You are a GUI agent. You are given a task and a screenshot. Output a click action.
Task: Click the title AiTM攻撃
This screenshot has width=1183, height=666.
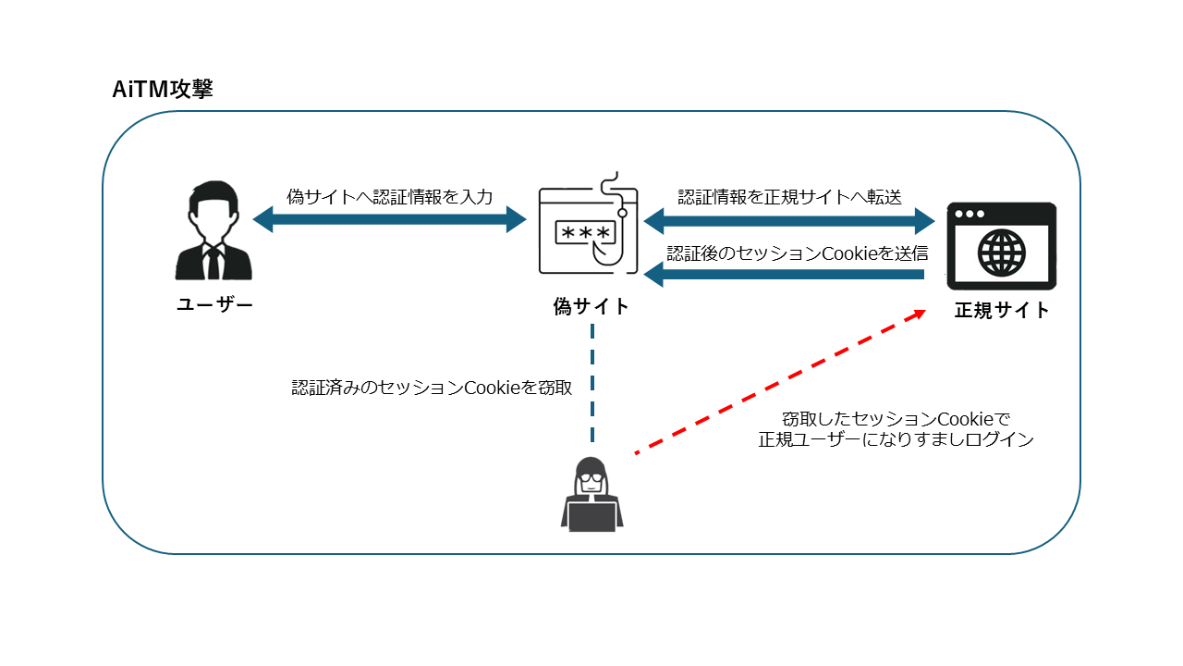(162, 90)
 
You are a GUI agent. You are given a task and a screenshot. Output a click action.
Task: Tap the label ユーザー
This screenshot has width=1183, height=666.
(214, 305)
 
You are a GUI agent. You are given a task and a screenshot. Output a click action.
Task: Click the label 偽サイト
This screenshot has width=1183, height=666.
(591, 306)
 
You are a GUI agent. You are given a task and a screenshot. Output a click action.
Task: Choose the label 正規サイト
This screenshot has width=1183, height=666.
(1002, 311)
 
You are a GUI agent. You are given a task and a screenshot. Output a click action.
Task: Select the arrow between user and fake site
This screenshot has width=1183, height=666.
(389, 220)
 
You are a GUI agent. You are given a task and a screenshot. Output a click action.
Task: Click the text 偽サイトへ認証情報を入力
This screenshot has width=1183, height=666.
(389, 196)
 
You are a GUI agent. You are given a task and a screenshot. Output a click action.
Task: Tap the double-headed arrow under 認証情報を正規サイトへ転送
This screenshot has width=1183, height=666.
(789, 221)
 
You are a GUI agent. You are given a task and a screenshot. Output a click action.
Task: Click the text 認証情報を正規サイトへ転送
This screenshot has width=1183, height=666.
(789, 196)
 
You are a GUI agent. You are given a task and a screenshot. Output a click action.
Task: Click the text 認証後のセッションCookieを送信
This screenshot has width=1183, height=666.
(797, 253)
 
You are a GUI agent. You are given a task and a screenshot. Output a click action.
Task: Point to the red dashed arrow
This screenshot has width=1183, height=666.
(781, 382)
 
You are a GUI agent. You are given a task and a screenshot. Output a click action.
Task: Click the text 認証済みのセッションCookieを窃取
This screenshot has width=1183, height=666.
(432, 388)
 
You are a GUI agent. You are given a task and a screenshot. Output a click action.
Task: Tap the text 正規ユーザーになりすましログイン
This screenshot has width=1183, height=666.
(896, 440)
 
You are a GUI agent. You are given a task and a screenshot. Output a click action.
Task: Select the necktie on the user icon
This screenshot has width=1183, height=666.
(213, 263)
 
